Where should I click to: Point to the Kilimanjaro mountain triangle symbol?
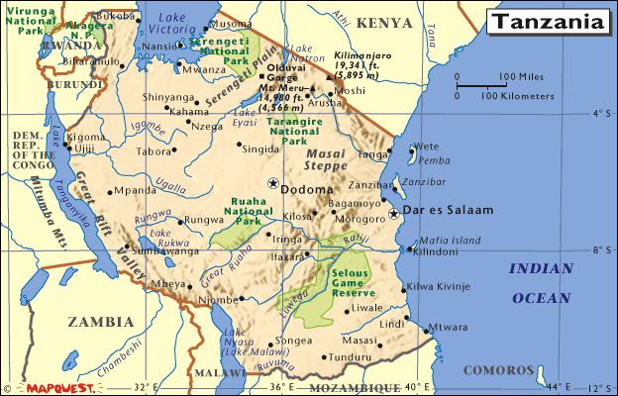click(329, 73)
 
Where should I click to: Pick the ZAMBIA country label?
click(99, 322)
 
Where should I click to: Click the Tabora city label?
click(154, 151)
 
